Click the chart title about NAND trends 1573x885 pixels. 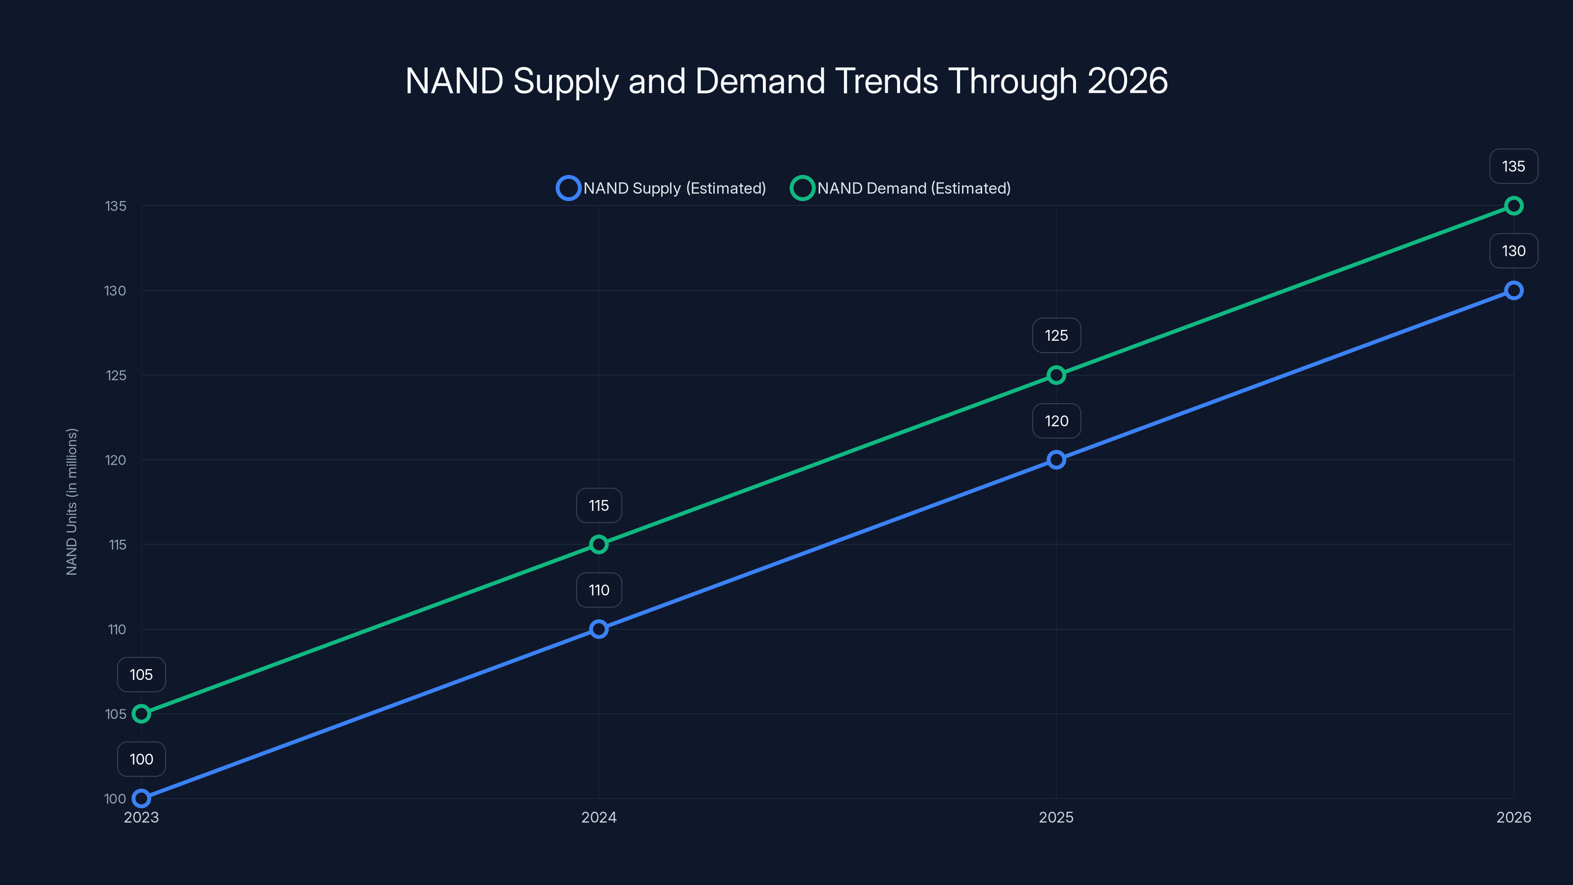(786, 81)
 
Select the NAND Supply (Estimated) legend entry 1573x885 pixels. (661, 188)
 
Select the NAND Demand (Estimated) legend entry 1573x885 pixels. (901, 188)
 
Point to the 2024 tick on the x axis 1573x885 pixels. (598, 817)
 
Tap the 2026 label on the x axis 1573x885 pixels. (1513, 817)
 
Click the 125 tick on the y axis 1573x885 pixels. (116, 376)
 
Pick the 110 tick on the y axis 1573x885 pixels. (117, 630)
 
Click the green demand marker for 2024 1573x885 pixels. (598, 544)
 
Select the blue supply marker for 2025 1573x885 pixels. (1056, 459)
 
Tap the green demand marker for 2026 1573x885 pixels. (1513, 206)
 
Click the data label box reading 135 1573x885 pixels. (1513, 166)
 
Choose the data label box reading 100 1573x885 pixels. (141, 759)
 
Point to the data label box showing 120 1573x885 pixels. (1056, 421)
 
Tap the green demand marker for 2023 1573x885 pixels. (141, 713)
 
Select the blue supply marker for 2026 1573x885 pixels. (1513, 290)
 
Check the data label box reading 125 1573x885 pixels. (1056, 335)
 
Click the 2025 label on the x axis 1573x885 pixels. (1056, 817)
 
